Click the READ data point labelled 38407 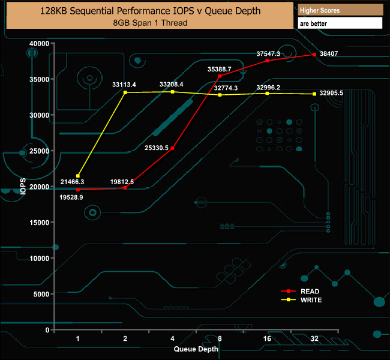[x=314, y=55]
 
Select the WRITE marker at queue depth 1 [x=78, y=176]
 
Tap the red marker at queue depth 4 [x=173, y=148]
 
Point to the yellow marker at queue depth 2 [x=125, y=92]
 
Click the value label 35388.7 [x=220, y=69]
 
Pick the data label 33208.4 [x=172, y=85]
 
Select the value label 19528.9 [x=71, y=197]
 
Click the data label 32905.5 [x=331, y=93]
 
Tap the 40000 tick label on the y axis [x=39, y=44]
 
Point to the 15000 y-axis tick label [x=39, y=223]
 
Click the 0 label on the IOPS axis [x=47, y=330]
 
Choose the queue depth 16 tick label [x=267, y=338]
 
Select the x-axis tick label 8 [x=220, y=338]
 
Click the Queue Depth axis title [x=196, y=349]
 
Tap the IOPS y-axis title [x=23, y=187]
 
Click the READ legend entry [x=302, y=292]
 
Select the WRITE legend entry [x=302, y=300]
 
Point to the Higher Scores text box [x=340, y=10]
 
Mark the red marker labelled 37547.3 [x=267, y=61]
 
